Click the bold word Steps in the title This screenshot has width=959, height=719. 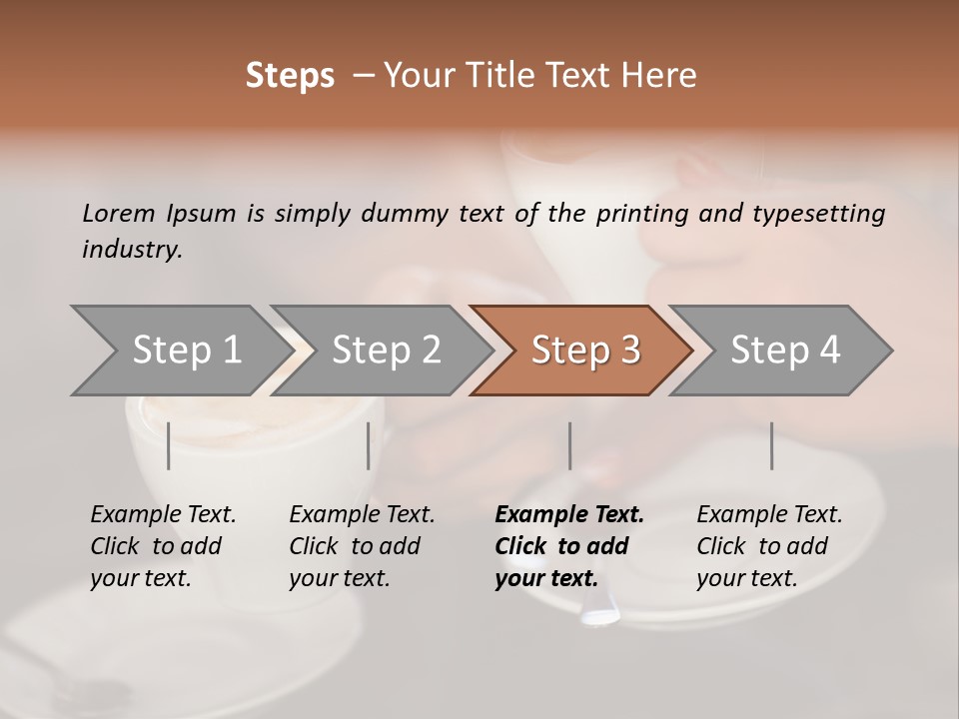click(290, 76)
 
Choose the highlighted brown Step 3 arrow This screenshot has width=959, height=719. click(585, 351)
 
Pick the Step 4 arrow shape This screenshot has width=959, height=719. click(785, 351)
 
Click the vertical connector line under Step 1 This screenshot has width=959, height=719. click(169, 445)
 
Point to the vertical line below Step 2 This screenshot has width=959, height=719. click(369, 445)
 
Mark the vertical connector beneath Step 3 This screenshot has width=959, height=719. click(569, 445)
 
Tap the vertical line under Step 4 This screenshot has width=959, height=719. click(771, 445)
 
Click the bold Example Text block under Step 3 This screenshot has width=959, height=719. click(568, 546)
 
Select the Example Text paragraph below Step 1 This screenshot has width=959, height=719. click(163, 546)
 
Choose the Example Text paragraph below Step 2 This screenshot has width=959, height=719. click(362, 546)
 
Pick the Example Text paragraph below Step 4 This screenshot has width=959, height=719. click(769, 546)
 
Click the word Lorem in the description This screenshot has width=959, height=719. click(119, 214)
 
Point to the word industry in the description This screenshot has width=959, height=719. click(132, 249)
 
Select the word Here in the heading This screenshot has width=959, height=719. click(660, 76)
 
